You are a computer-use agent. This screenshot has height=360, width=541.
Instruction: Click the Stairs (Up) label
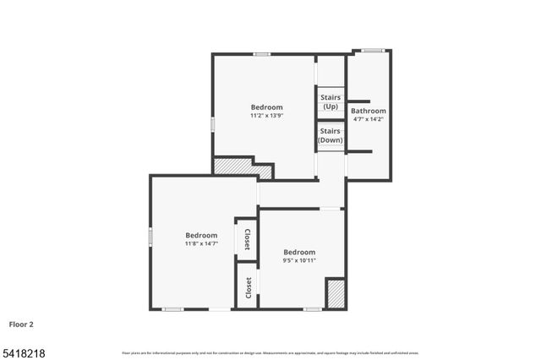coord(331,102)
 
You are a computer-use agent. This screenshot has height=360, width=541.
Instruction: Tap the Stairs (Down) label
coord(331,135)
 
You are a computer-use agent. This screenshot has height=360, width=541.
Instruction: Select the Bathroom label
coord(369,111)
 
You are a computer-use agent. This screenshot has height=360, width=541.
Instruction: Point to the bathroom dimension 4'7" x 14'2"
coord(369,119)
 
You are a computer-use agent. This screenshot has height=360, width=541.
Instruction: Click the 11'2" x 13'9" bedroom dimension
coord(266,116)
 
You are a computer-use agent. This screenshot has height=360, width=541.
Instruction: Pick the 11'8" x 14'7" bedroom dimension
coord(201,243)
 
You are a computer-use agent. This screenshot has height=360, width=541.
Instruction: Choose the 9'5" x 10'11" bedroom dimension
coord(299,260)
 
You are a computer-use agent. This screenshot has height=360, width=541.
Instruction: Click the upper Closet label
coord(247,239)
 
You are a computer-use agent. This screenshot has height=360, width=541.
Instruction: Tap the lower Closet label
coord(248,287)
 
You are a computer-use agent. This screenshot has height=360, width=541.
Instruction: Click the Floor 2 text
coord(22,324)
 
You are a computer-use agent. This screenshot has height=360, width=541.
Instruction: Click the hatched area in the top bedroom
coord(242,168)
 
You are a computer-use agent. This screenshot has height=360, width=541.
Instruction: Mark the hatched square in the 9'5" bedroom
coord(336,293)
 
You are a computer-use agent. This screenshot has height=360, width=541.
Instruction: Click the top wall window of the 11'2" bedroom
coord(262,55)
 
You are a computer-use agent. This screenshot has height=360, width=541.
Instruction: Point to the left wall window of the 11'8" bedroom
coord(150,237)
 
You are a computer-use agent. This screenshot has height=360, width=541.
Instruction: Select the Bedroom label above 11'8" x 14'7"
coord(201,235)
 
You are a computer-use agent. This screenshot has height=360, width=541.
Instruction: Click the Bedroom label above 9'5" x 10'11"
coord(299,252)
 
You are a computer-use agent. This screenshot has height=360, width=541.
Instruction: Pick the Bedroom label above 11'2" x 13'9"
coord(266,107)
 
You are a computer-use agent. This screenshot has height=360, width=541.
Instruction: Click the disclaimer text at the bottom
coord(270,352)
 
